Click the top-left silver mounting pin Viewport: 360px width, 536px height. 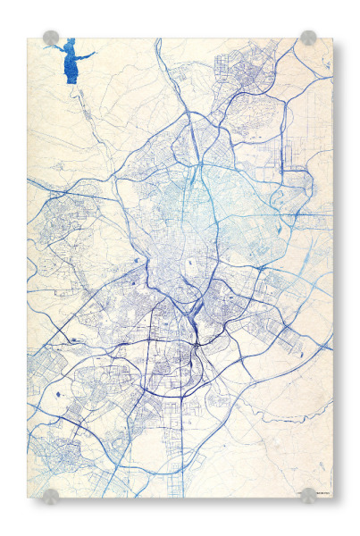coord(51,38)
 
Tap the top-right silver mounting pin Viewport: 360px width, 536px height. coord(308,38)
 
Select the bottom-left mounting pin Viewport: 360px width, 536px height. coord(51,495)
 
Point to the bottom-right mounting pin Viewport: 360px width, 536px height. coord(308,495)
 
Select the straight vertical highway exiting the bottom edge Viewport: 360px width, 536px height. coord(184,465)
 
